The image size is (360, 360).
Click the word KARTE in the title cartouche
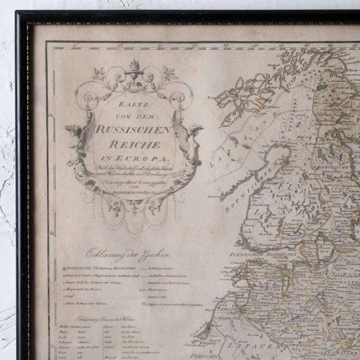point(133,105)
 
